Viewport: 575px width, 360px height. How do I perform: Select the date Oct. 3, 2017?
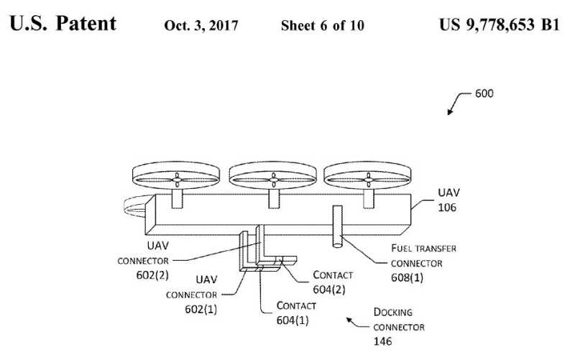(x=197, y=26)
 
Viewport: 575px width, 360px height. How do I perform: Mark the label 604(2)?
(x=331, y=289)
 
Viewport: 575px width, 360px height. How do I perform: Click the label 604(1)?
(x=294, y=320)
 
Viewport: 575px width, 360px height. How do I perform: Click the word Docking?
(x=392, y=312)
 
